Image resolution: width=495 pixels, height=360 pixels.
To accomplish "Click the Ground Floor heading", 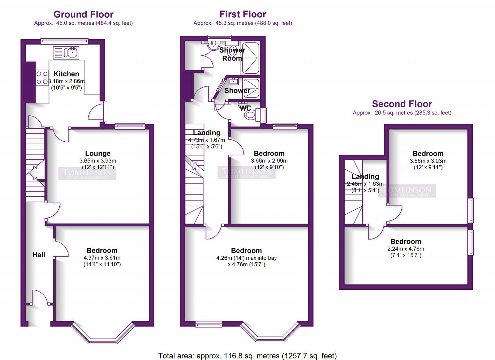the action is coord(84,14).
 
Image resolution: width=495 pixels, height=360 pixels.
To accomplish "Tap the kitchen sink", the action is coord(66,53).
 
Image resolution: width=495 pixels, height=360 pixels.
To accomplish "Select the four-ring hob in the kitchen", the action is coord(42,78).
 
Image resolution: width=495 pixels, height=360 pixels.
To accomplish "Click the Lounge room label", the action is coord(98,153).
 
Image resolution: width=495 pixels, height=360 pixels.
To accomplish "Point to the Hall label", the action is coord(39,255).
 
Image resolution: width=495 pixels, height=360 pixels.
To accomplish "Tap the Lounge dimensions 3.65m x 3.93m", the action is coord(98,161).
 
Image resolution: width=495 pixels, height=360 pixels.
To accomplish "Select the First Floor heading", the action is coord(243,14).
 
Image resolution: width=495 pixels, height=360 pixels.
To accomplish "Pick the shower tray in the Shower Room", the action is coord(250,58).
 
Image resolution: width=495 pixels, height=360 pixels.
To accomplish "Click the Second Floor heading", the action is coord(402,104).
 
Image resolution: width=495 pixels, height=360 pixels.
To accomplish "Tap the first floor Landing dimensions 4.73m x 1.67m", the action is coord(206,140).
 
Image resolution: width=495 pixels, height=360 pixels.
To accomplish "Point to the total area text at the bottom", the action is coord(247,356).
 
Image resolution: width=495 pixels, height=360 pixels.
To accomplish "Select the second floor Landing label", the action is coord(365,177).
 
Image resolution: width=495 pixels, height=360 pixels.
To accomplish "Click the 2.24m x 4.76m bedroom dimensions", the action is coord(406,249).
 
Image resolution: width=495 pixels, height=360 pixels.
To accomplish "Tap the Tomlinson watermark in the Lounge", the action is coord(87,174).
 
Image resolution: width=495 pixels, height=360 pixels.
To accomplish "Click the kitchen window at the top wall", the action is coord(64,41).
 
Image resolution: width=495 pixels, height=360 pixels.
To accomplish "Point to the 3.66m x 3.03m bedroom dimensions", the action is coord(428,161).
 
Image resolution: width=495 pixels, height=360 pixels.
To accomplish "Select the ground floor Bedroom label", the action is coord(102,251).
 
